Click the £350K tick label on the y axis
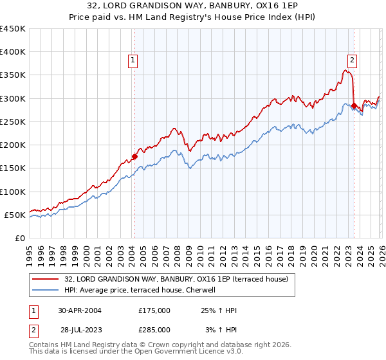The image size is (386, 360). (13, 75)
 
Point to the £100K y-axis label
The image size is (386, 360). (13, 192)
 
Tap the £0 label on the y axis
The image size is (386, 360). (21, 239)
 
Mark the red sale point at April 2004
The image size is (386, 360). (134, 156)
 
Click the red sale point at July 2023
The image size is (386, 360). (354, 105)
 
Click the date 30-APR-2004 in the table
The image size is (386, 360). (80, 310)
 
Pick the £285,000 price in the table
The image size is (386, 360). (154, 329)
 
